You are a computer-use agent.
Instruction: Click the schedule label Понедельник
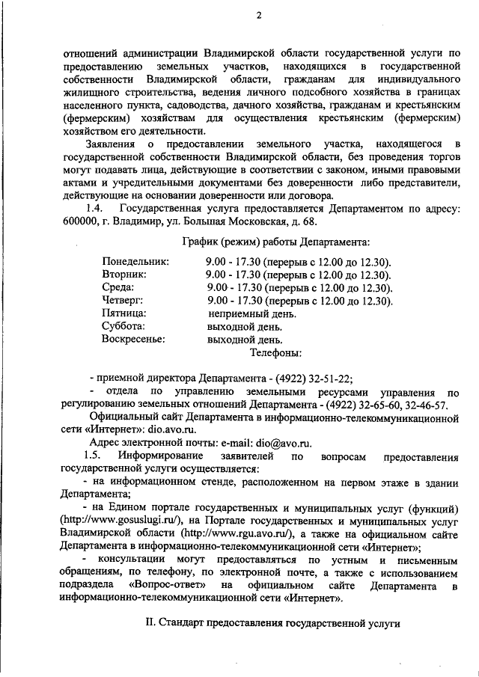(135, 262)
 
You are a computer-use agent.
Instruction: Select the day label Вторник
(125, 275)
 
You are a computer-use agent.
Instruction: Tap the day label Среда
(118, 287)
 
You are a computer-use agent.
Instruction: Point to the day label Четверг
(123, 300)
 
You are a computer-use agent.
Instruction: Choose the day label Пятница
(124, 313)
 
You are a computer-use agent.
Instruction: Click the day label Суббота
(123, 325)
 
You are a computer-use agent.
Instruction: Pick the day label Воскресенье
(133, 338)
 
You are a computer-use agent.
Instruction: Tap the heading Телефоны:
(275, 351)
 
